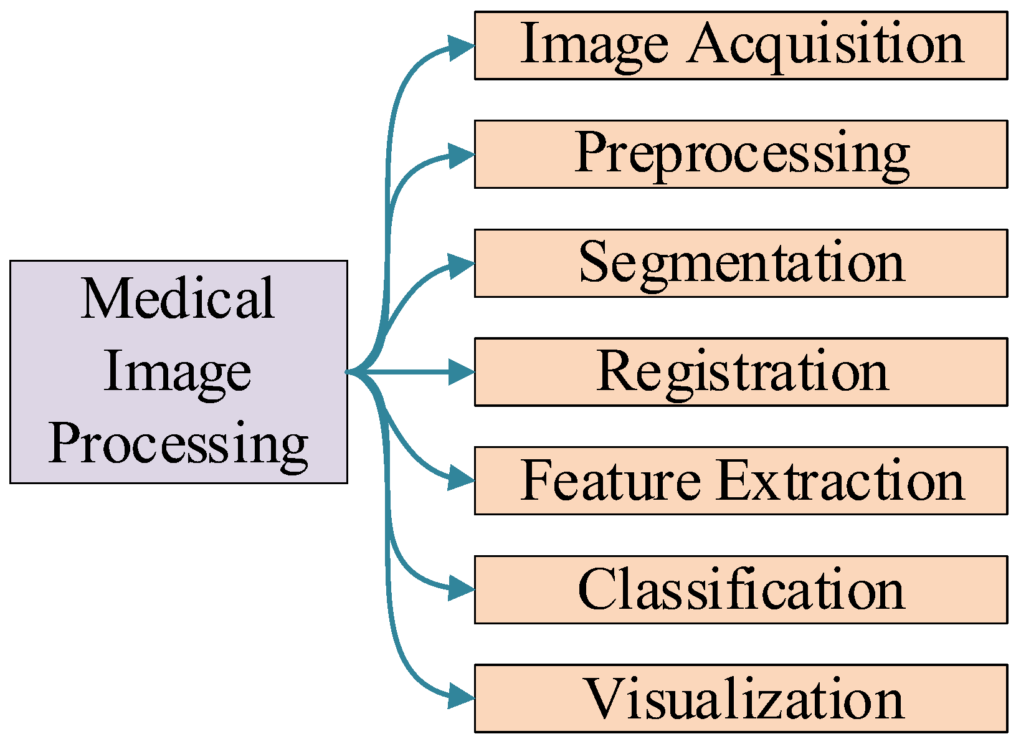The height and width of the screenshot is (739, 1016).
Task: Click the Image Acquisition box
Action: (x=740, y=45)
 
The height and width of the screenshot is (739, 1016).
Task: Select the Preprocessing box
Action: (x=740, y=154)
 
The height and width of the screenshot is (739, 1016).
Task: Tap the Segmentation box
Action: (x=740, y=263)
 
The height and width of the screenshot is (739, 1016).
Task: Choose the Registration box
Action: (x=740, y=372)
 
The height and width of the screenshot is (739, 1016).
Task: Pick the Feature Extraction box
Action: (x=740, y=480)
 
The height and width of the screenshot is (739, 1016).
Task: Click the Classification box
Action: (x=740, y=589)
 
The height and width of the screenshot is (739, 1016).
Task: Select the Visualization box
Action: (x=740, y=698)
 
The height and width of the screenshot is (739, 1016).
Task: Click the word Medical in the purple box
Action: (x=178, y=299)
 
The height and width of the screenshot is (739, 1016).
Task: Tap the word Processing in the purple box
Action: (x=178, y=444)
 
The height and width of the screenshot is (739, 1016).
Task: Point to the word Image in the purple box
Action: (x=178, y=372)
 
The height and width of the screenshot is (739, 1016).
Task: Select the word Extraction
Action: (x=840, y=480)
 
